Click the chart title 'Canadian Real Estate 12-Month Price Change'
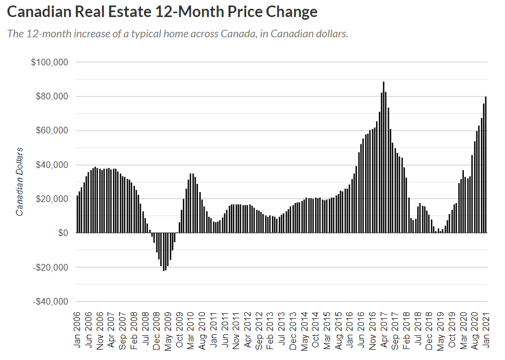[162, 12]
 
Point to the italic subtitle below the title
[178, 33]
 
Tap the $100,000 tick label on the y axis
[49, 62]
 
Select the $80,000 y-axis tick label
[52, 97]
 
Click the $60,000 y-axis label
[52, 131]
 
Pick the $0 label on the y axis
[63, 233]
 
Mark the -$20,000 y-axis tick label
[50, 267]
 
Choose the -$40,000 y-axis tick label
[50, 302]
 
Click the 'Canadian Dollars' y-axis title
[20, 182]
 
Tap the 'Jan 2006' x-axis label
[77, 330]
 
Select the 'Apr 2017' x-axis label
[383, 330]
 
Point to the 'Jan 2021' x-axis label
[485, 330]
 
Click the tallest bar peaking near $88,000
[384, 157]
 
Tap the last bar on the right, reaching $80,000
[486, 165]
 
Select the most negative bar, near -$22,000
[163, 252]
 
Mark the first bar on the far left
[78, 215]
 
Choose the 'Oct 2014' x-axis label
[315, 330]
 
